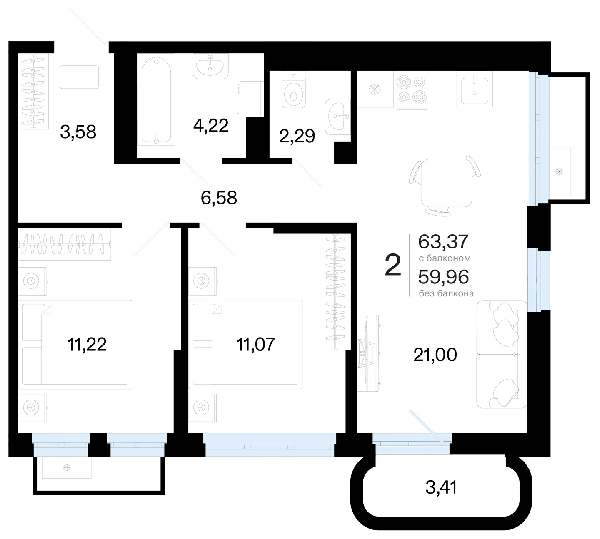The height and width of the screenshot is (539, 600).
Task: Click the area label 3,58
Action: (x=78, y=132)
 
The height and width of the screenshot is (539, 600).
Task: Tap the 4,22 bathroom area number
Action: (x=211, y=125)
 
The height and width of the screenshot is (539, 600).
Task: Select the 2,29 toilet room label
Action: (x=297, y=136)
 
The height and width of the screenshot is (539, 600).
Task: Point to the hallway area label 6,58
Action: (x=219, y=198)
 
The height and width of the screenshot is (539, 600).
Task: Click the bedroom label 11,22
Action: (x=87, y=344)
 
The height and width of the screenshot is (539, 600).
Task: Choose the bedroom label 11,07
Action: (x=255, y=344)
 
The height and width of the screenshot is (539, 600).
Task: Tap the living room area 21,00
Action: (x=435, y=355)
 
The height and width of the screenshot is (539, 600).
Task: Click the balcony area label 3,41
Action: (x=441, y=488)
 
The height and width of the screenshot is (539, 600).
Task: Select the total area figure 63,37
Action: (x=443, y=242)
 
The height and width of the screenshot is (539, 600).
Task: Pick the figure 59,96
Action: (x=444, y=277)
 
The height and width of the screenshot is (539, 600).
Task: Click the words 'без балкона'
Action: (x=446, y=294)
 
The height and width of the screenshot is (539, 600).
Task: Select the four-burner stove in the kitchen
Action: (x=412, y=89)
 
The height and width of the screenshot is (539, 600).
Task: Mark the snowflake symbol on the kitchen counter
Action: (x=375, y=89)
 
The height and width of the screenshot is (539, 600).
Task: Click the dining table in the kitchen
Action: (x=447, y=183)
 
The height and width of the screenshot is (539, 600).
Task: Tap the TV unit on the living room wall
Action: (x=368, y=353)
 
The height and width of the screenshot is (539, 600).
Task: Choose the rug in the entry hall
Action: (x=79, y=77)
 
